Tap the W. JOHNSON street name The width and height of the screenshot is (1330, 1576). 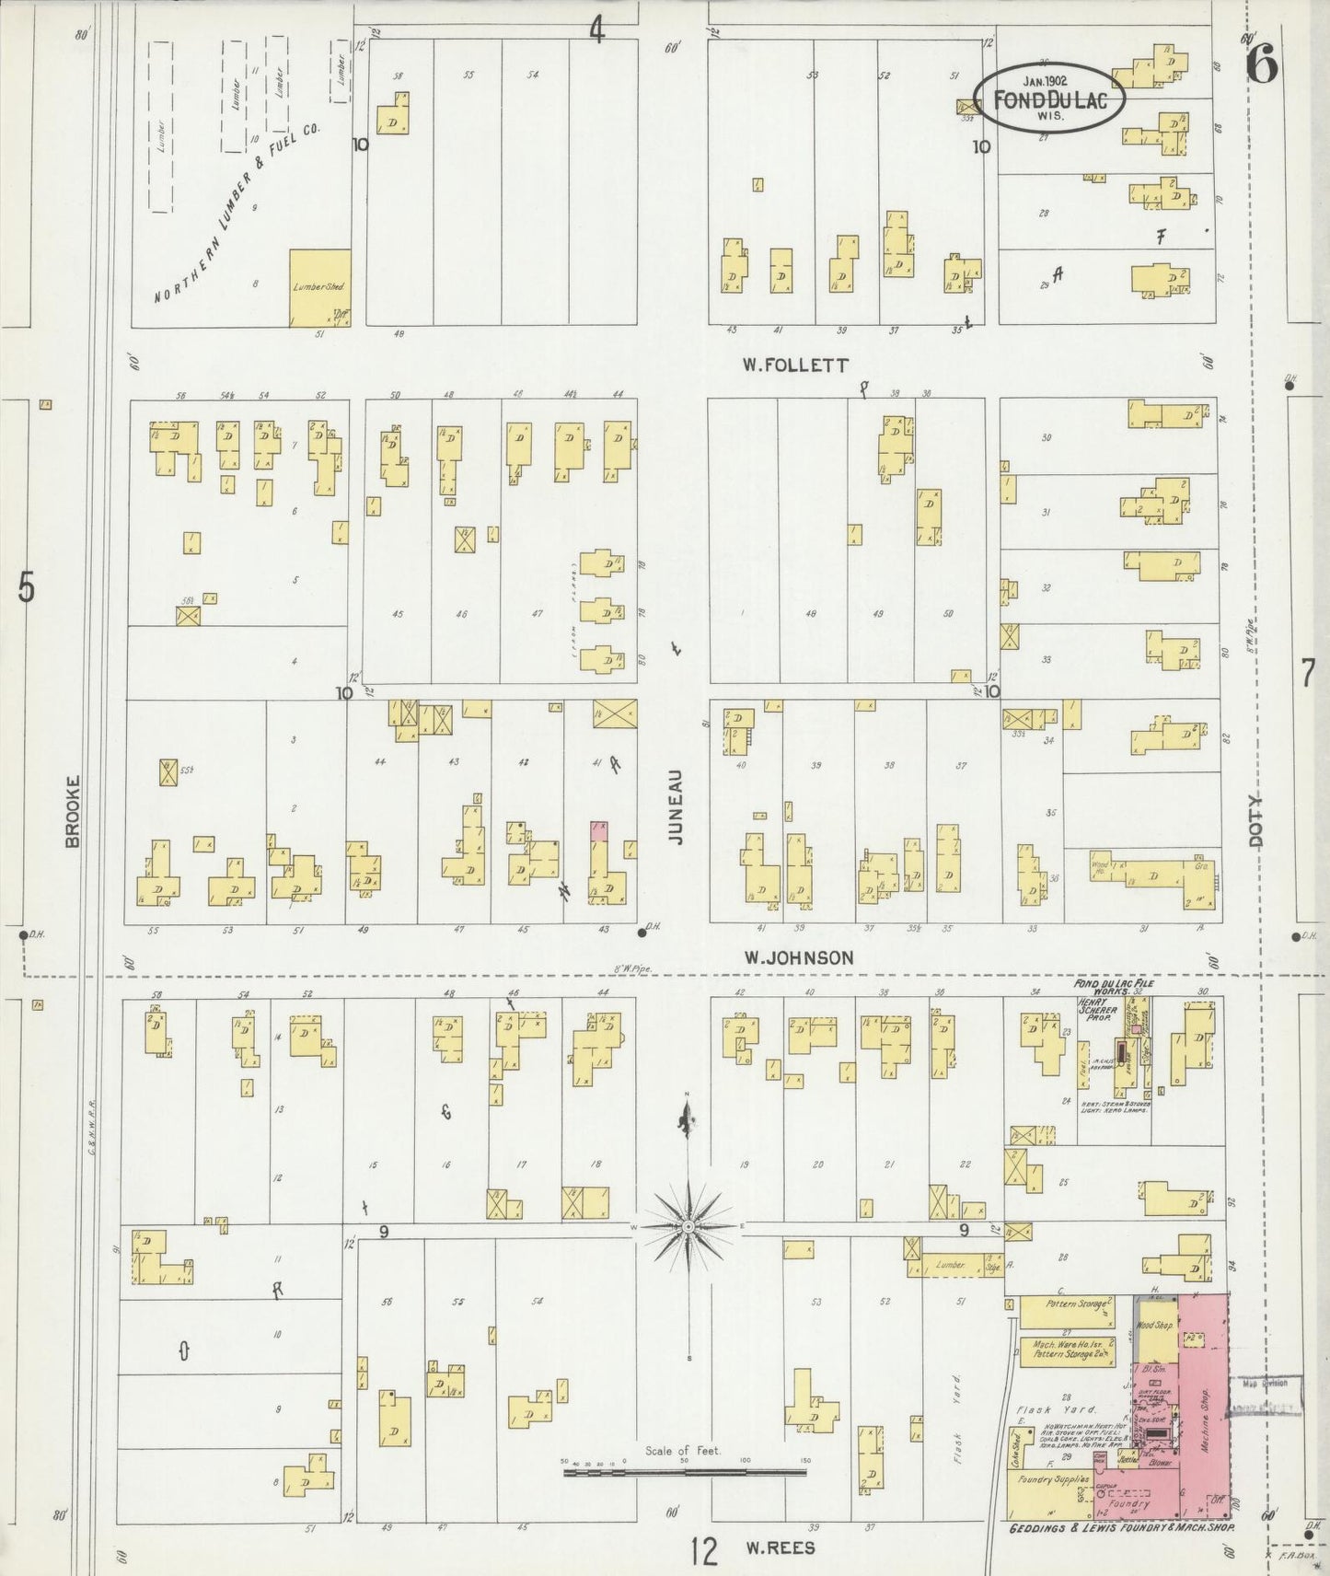point(798,958)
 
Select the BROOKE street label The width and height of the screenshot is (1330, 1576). point(74,810)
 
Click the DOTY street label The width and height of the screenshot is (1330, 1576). point(1258,822)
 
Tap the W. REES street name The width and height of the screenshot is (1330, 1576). point(780,1547)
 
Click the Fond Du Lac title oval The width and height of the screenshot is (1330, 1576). point(1048,98)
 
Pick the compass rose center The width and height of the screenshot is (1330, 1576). point(689,1227)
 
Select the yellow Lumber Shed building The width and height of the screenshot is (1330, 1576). point(319,287)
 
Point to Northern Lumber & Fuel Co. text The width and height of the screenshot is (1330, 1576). point(236,214)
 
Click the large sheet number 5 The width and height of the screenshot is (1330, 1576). point(26,586)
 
